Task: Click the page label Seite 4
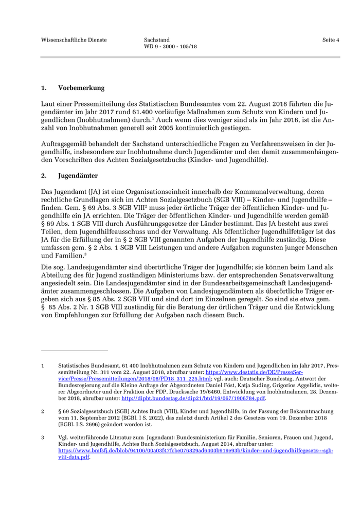click(x=331, y=40)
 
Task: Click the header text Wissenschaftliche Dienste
click(x=74, y=40)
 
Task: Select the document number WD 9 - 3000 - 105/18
click(x=170, y=46)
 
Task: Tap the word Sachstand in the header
click(x=157, y=40)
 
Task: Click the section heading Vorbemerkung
click(x=81, y=88)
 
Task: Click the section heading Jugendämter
click(x=78, y=176)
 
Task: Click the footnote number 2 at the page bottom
click(x=43, y=411)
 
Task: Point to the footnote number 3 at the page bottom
click(x=43, y=438)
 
